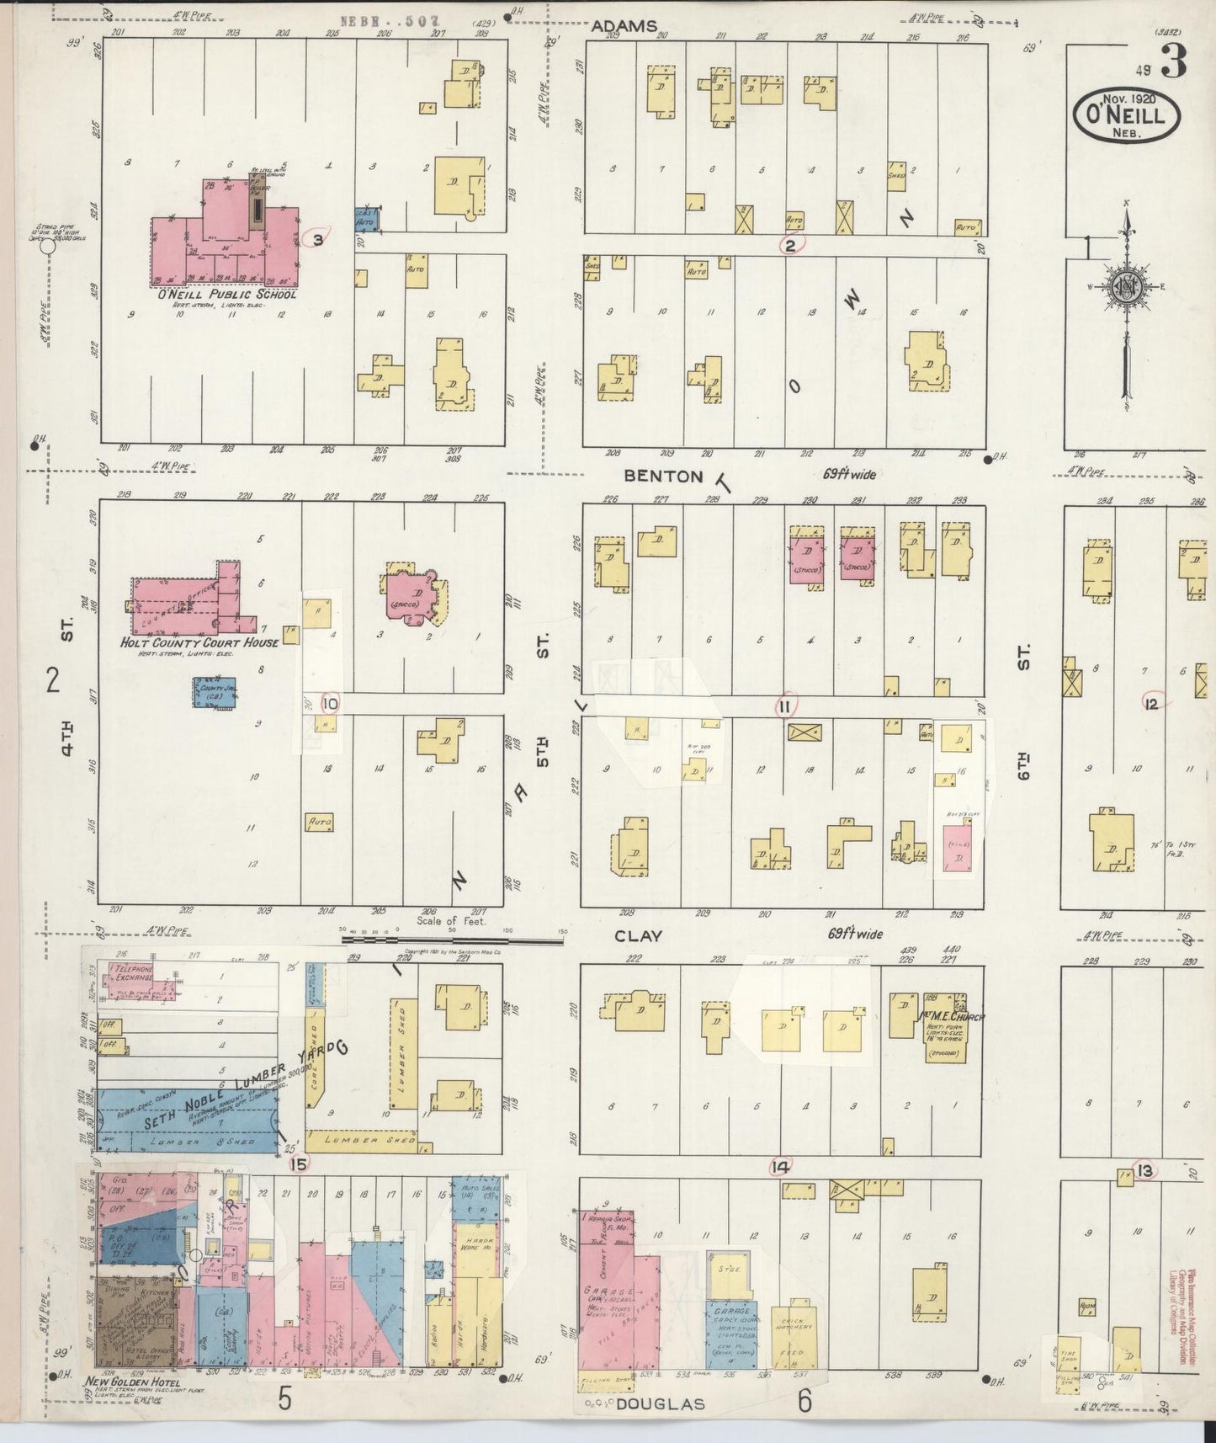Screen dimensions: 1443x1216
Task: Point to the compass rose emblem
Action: [1126, 286]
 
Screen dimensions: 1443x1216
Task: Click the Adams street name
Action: [624, 26]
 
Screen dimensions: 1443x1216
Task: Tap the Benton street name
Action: [663, 476]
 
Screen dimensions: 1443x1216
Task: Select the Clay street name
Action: [638, 935]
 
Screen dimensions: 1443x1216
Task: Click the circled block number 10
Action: [330, 703]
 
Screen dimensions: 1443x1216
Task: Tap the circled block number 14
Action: [780, 1167]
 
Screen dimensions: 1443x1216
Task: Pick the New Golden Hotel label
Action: [131, 1382]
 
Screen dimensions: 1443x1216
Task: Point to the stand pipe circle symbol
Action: [48, 247]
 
